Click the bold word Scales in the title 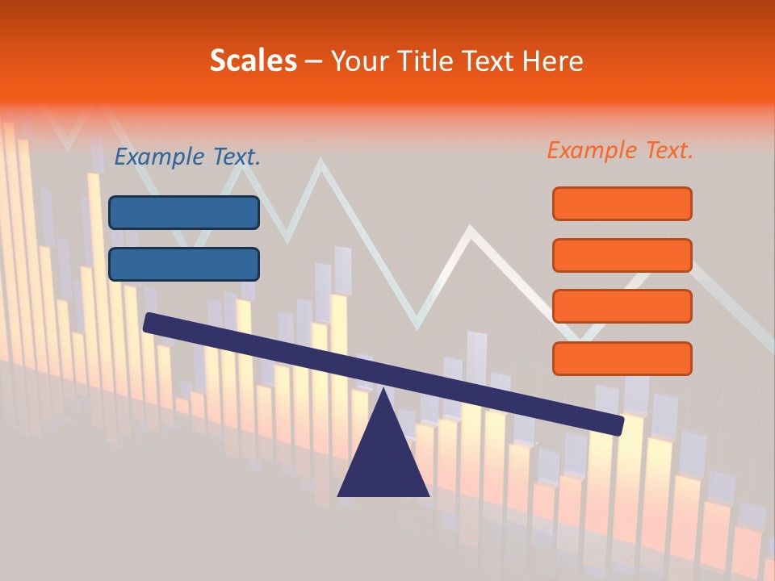click(253, 61)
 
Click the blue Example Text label click(187, 157)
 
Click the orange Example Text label click(620, 150)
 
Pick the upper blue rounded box click(184, 212)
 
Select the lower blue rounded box click(184, 264)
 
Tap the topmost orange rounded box click(622, 203)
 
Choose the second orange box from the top click(622, 255)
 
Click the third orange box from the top click(622, 307)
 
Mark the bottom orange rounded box click(622, 358)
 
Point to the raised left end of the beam click(150, 323)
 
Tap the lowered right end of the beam click(617, 425)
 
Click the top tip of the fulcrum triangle click(383, 391)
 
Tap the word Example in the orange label click(591, 150)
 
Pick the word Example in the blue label click(159, 157)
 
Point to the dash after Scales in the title click(314, 61)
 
